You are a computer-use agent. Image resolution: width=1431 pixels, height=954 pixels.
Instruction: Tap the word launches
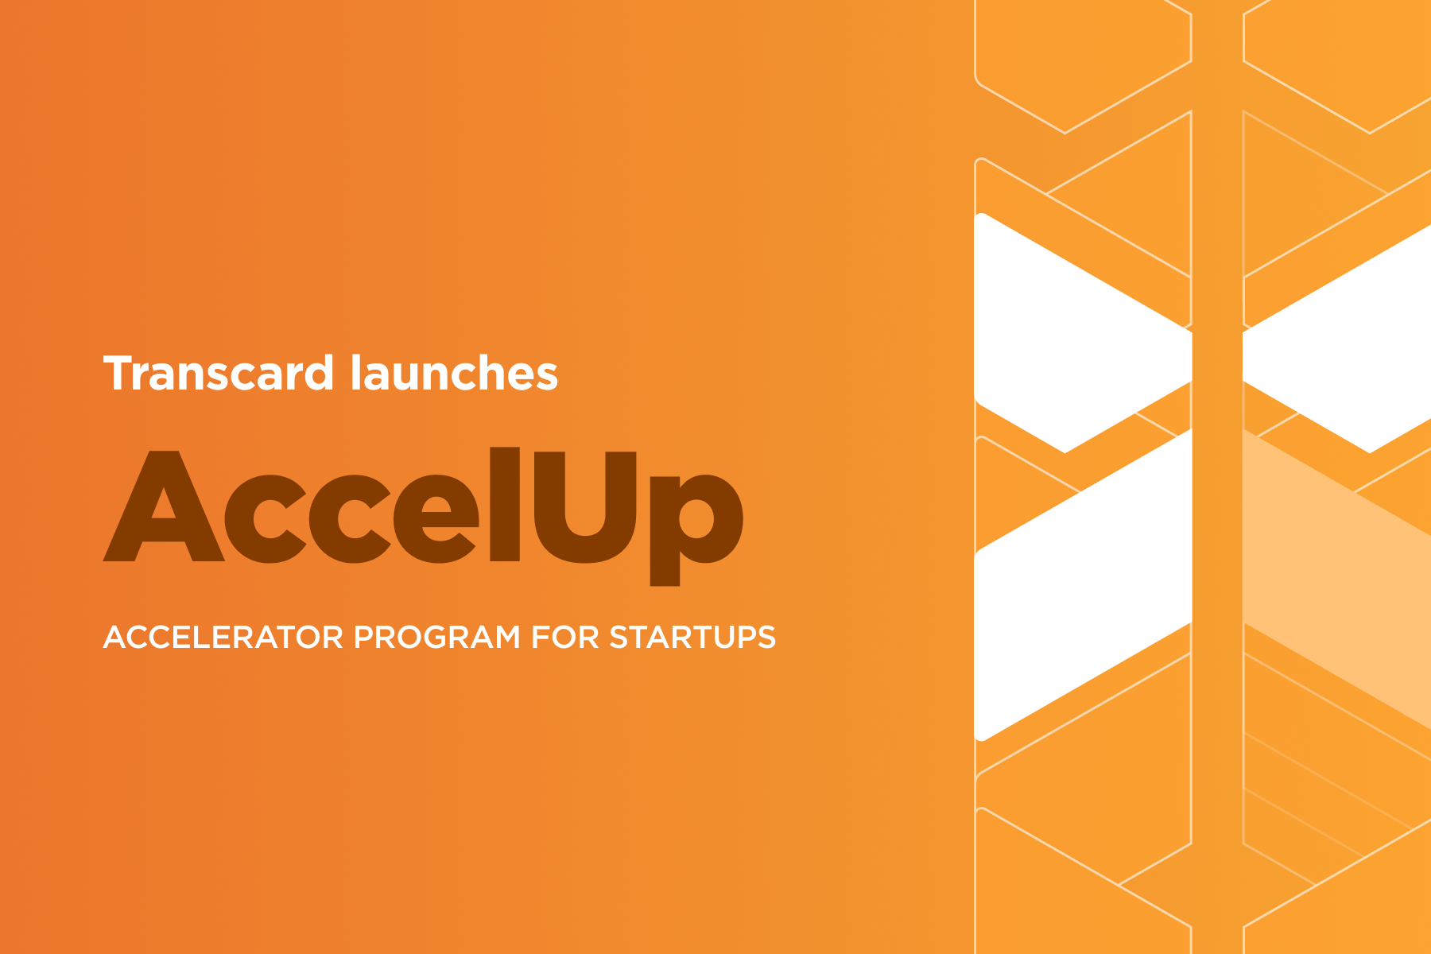tap(454, 374)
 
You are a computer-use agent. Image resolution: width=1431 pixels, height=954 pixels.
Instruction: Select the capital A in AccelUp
tap(163, 509)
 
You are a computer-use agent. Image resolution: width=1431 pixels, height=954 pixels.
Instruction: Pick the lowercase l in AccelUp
tap(504, 505)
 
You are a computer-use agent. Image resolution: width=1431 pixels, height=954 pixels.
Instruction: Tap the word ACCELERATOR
tap(223, 638)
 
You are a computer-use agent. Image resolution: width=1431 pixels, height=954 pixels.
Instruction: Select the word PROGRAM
tap(436, 638)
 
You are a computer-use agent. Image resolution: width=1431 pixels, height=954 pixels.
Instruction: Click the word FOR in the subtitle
tap(564, 638)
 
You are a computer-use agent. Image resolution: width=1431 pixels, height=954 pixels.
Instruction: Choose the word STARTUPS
tap(692, 638)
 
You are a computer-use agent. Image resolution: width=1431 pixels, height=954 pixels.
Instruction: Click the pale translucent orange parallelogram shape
tap(1336, 580)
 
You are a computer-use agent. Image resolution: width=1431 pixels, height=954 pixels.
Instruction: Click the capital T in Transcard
tap(119, 374)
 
